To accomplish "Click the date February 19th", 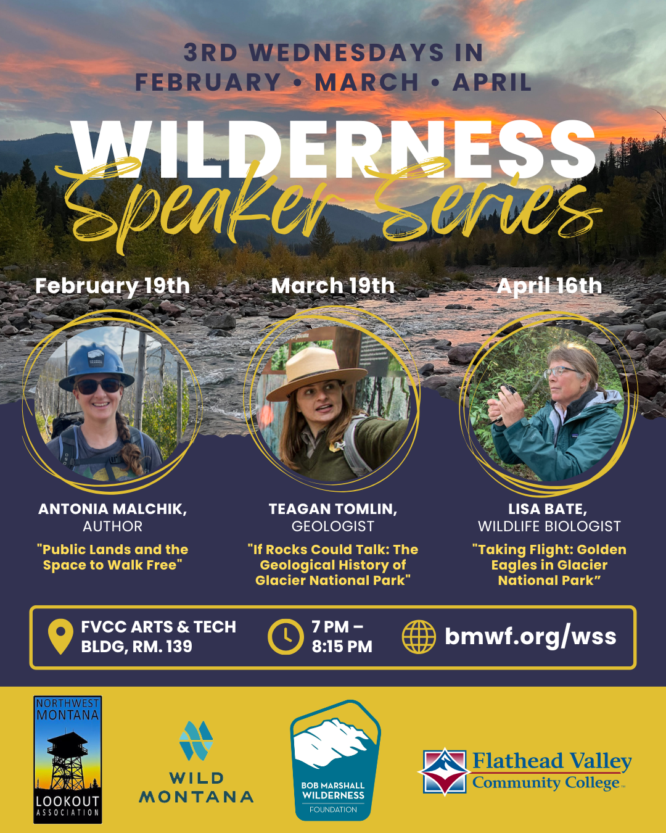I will click(112, 286).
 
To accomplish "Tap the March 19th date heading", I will click(332, 286).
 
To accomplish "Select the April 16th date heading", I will click(549, 286).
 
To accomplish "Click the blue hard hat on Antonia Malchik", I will click(95, 365).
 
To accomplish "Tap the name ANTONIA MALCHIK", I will click(112, 509).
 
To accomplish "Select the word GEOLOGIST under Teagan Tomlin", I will click(332, 526).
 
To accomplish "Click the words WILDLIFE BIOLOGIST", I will click(549, 526).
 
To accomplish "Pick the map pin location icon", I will click(60, 637).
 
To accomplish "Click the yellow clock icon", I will click(285, 637).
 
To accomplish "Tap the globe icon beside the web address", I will click(419, 637).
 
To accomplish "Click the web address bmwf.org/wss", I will click(530, 636).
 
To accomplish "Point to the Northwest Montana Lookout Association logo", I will click(67, 760).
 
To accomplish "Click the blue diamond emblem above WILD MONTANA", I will click(196, 740).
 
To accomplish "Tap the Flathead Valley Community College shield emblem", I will click(445, 771).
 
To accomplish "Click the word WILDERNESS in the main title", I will click(333, 150).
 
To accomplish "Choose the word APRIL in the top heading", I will click(491, 83).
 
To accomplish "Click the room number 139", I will click(178, 647).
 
